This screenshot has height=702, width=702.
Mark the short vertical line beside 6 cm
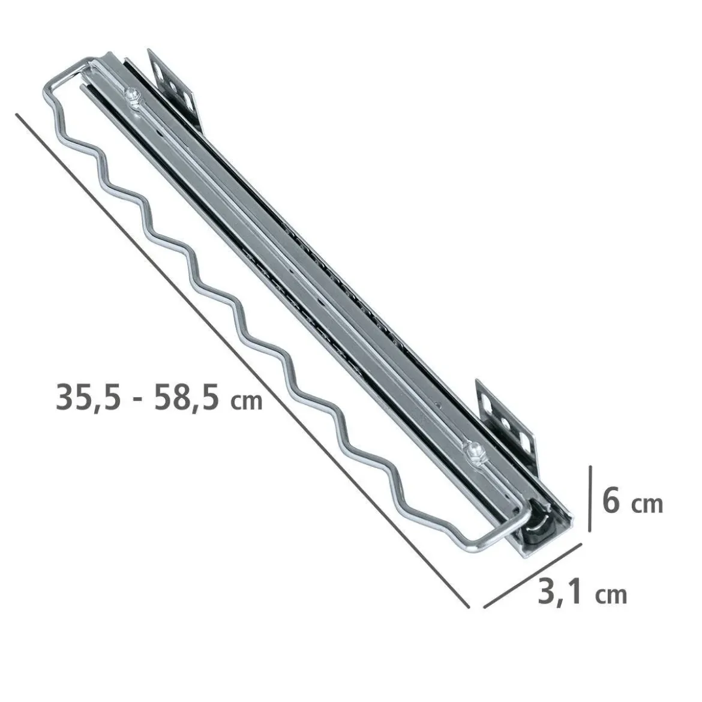point(590,499)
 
